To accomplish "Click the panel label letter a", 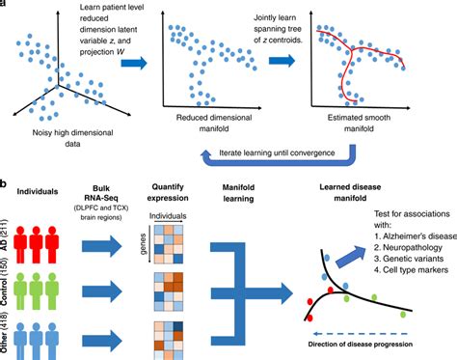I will (x=5, y=5).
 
